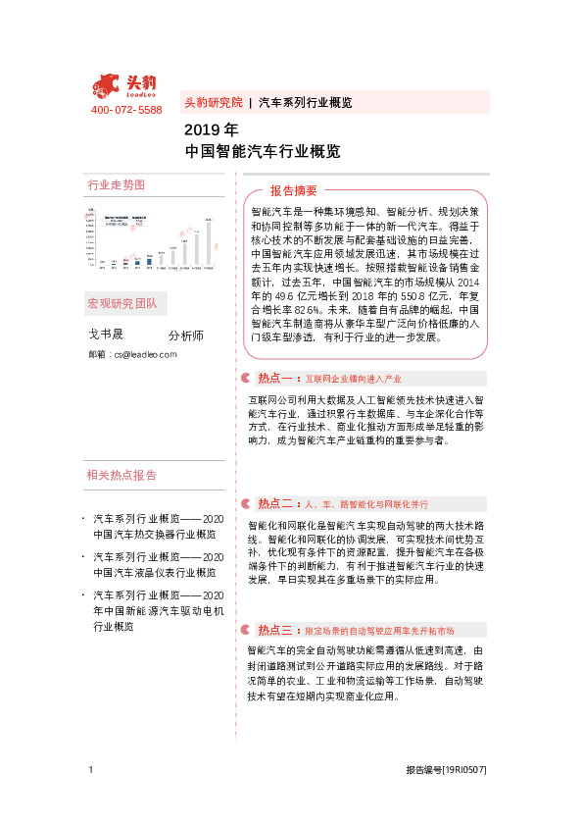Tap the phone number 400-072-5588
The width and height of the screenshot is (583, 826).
pos(126,110)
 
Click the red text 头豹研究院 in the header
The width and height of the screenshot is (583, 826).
pos(213,103)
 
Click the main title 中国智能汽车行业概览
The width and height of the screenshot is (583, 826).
pos(263,152)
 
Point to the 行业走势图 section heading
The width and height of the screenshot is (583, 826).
pos(117,185)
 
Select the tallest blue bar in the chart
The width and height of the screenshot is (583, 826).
pos(149,260)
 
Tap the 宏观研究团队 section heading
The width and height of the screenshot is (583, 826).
pos(121,302)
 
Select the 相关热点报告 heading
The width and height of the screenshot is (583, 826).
pos(121,475)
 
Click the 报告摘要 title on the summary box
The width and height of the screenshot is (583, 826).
pos(294,190)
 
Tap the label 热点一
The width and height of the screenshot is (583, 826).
pos(273,378)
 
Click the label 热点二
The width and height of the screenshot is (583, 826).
pos(273,503)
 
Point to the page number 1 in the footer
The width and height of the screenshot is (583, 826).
pos(90,771)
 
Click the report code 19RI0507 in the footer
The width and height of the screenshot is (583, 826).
pos(464,771)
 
